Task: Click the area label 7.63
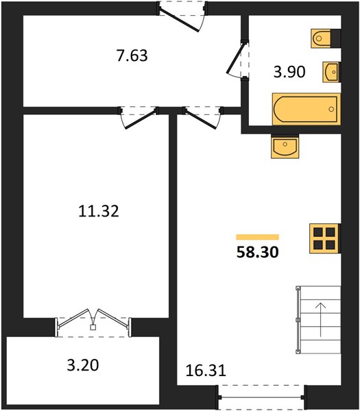tap(132, 55)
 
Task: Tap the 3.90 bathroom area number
tap(289, 72)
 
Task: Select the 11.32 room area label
tap(99, 211)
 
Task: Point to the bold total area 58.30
tap(257, 252)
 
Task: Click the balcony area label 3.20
tap(83, 365)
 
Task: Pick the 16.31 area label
tap(206, 371)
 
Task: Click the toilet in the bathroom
tap(326, 38)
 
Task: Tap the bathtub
tap(307, 109)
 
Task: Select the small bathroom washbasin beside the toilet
tap(331, 72)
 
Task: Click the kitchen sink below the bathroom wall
tap(285, 147)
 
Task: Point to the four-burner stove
tap(325, 238)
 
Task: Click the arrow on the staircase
tap(321, 319)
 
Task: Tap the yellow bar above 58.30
tap(257, 237)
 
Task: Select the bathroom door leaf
tap(236, 58)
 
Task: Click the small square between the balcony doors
tap(93, 327)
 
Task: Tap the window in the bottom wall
tap(261, 397)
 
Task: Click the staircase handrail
tap(298, 320)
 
